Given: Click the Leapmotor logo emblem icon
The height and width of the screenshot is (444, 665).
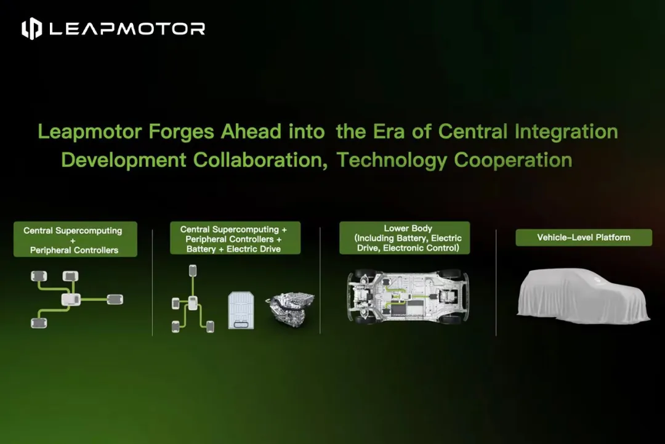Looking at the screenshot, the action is click(x=32, y=29).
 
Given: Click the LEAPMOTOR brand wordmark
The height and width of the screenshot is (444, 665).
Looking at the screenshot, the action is click(x=127, y=29).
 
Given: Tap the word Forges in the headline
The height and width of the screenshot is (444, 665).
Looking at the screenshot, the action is click(x=181, y=132).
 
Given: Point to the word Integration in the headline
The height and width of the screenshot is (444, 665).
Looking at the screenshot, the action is click(x=566, y=132).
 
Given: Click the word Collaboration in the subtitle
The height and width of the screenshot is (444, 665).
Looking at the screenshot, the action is click(x=260, y=161).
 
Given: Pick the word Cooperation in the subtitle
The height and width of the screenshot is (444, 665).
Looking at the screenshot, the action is click(x=513, y=160).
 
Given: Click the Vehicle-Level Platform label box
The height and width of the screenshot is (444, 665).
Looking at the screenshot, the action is click(x=584, y=238).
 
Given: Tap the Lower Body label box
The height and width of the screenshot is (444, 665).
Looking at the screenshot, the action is click(x=405, y=238).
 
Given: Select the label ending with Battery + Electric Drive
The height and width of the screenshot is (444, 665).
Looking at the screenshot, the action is click(x=235, y=238).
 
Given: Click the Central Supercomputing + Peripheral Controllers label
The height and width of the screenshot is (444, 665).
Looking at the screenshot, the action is click(x=75, y=239).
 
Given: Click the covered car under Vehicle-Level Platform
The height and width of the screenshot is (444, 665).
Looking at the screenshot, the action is click(x=583, y=296).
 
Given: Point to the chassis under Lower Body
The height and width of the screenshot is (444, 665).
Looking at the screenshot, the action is click(x=408, y=296).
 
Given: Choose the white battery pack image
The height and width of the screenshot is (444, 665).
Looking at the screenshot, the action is click(x=241, y=310).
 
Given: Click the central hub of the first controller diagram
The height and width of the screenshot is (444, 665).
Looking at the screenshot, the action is click(x=71, y=300).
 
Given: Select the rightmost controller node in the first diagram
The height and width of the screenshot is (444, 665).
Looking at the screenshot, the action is click(x=115, y=299).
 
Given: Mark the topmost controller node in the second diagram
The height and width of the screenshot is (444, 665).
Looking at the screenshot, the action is click(x=193, y=270).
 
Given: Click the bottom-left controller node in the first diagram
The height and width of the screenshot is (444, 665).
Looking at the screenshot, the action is click(x=39, y=323).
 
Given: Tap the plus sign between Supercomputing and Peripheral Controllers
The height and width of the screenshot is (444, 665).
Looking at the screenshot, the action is click(x=73, y=240).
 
